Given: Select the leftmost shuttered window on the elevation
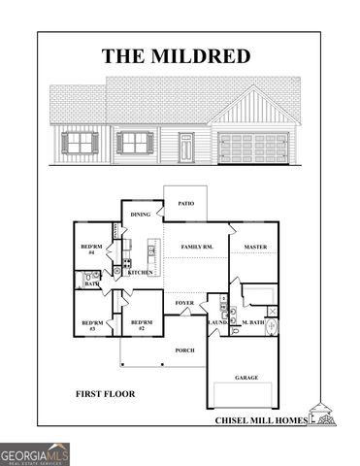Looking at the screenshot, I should point(80,144).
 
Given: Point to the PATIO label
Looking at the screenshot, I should point(185,205).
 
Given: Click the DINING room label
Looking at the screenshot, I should point(141,215).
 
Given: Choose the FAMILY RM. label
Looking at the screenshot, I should point(197,249).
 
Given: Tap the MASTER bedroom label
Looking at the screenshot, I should point(255,248).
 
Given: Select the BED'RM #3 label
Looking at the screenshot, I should point(92,325).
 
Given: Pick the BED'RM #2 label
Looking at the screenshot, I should point(142,325).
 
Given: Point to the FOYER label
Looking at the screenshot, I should point(184,304).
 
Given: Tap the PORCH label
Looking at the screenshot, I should point(184,349).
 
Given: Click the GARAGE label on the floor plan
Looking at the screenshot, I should point(246,377).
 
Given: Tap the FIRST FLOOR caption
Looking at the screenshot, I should point(105,395).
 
